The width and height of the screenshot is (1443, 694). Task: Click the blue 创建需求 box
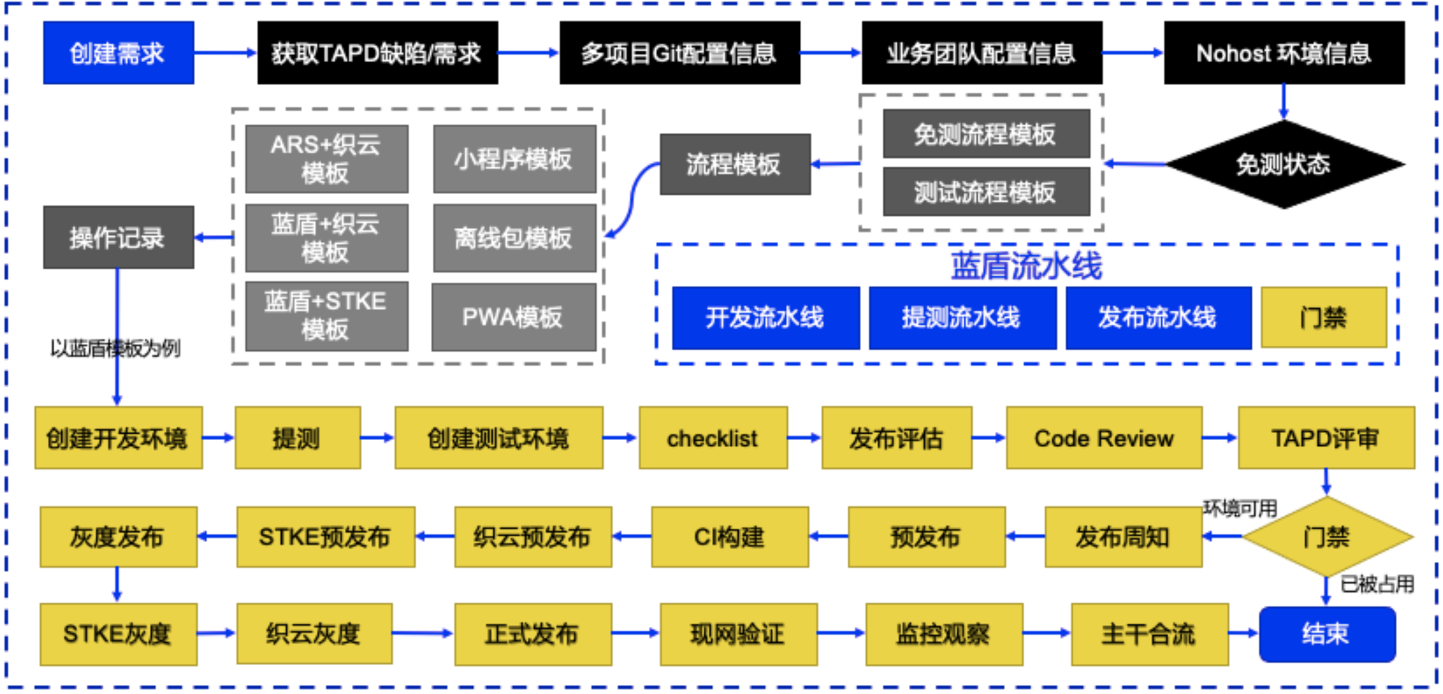click(x=118, y=53)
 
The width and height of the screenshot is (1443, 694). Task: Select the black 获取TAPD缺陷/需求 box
click(x=377, y=53)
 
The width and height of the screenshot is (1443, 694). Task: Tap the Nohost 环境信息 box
click(x=1284, y=53)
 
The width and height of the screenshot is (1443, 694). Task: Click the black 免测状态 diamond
click(x=1283, y=165)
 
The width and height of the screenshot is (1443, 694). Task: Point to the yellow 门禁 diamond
click(x=1326, y=537)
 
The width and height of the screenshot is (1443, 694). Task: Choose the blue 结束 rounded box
click(x=1326, y=634)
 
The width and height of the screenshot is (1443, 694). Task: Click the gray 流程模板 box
click(x=735, y=165)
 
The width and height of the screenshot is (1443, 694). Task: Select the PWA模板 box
click(x=513, y=317)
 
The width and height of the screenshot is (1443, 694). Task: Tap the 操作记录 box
click(x=118, y=238)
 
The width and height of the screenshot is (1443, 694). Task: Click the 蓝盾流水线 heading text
click(x=1026, y=266)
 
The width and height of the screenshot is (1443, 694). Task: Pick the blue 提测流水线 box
click(x=962, y=318)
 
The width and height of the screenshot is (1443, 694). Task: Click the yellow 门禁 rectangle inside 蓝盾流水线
click(x=1324, y=318)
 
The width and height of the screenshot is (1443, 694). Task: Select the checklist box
click(x=713, y=438)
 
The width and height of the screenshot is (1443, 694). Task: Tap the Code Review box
click(x=1104, y=438)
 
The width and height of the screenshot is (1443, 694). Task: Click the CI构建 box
click(x=730, y=537)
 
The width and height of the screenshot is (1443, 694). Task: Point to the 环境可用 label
click(x=1240, y=508)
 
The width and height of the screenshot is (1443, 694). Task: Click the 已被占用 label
click(x=1376, y=584)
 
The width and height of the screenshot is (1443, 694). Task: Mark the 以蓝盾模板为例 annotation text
click(x=115, y=348)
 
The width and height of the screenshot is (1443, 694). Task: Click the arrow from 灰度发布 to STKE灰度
click(x=117, y=584)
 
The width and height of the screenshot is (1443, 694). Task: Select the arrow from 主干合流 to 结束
click(x=1243, y=633)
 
